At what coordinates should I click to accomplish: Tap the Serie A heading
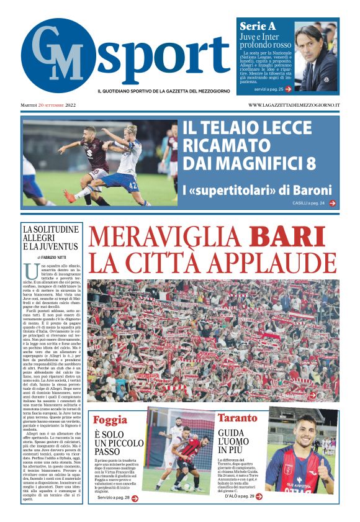258,27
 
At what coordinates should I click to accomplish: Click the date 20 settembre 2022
56,105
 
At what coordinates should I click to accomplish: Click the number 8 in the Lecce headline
308,163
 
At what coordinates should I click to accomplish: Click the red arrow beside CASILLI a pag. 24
333,203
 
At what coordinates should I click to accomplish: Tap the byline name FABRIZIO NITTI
58,256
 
